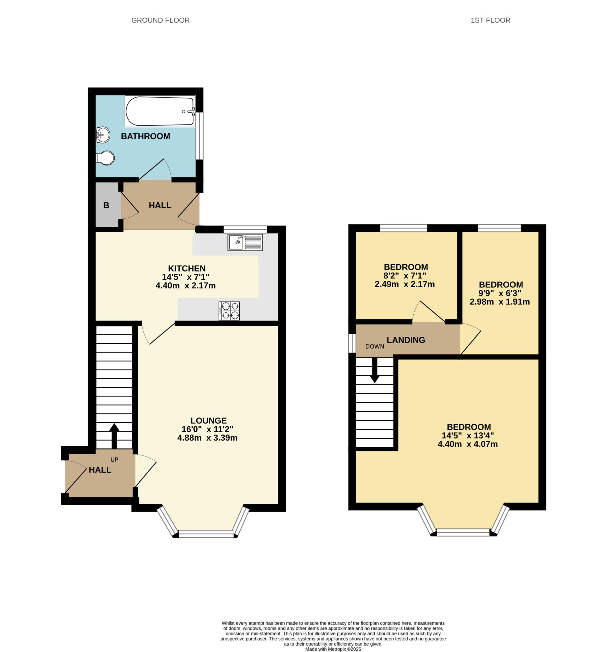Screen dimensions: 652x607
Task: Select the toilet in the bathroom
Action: [x=105, y=158]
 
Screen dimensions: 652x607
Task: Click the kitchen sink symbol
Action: [x=245, y=242]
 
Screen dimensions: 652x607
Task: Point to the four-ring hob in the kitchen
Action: [x=229, y=311]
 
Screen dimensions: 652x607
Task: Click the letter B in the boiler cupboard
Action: [x=106, y=205]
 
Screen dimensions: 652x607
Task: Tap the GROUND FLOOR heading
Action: [x=160, y=20]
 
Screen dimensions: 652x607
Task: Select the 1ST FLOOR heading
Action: [x=490, y=20]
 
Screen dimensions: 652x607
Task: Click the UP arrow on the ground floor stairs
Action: [x=114, y=436]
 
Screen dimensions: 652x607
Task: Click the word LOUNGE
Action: [x=208, y=421]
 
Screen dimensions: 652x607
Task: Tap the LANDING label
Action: [x=406, y=340]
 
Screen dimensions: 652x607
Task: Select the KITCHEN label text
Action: [x=187, y=268]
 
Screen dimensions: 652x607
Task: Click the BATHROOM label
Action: [x=145, y=136]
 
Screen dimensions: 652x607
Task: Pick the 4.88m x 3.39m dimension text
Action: [x=207, y=438]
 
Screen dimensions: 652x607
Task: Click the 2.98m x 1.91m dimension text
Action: [x=500, y=302]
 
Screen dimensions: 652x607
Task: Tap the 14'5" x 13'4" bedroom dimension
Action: [x=467, y=436]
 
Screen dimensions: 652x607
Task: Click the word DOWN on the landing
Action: [x=375, y=346]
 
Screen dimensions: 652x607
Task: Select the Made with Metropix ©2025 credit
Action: [x=333, y=649]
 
